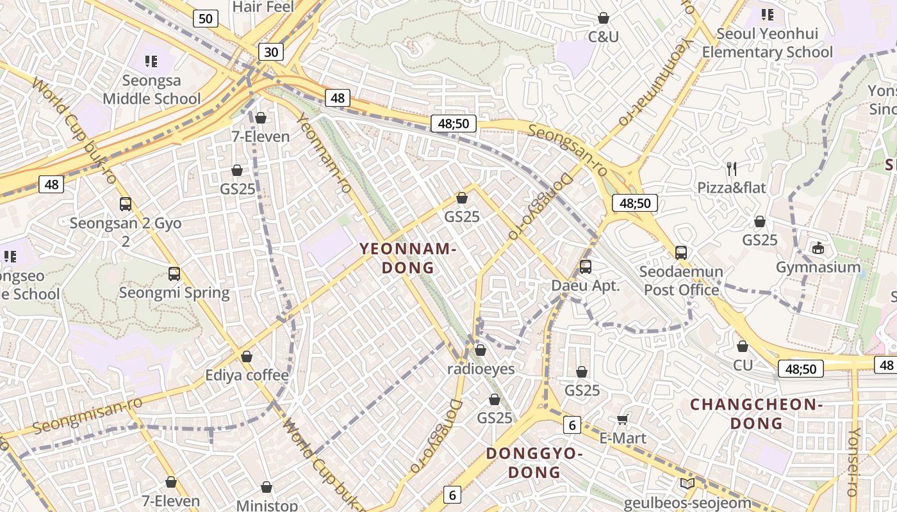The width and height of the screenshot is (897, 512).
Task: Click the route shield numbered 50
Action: click(x=205, y=19)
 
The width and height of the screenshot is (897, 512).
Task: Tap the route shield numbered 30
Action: click(x=271, y=52)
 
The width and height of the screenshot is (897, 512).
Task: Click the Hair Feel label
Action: click(x=263, y=7)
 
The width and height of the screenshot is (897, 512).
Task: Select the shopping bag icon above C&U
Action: click(x=603, y=18)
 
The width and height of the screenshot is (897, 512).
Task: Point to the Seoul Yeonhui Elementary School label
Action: click(x=767, y=43)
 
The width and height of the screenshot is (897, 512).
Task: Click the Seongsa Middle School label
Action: click(x=151, y=90)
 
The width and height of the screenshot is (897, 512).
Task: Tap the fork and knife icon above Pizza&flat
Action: click(x=732, y=169)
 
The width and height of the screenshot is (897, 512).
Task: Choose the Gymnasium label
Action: click(x=818, y=267)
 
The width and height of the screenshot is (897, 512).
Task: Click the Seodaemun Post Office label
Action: click(x=681, y=280)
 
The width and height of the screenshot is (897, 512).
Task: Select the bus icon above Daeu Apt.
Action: click(x=585, y=267)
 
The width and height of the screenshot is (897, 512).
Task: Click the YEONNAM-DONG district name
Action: click(x=408, y=258)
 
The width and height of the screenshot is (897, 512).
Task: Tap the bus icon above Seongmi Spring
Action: click(x=174, y=274)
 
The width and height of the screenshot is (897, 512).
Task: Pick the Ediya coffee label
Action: click(x=247, y=375)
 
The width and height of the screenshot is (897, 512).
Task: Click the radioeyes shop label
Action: click(x=481, y=369)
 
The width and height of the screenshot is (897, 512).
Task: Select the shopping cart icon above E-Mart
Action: click(x=622, y=420)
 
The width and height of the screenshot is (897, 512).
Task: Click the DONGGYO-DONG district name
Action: click(x=534, y=463)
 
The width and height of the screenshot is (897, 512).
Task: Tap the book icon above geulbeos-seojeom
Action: click(x=687, y=484)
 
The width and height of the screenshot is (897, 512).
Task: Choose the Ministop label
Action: click(x=267, y=506)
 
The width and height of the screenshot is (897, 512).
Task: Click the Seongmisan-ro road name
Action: click(x=87, y=414)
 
